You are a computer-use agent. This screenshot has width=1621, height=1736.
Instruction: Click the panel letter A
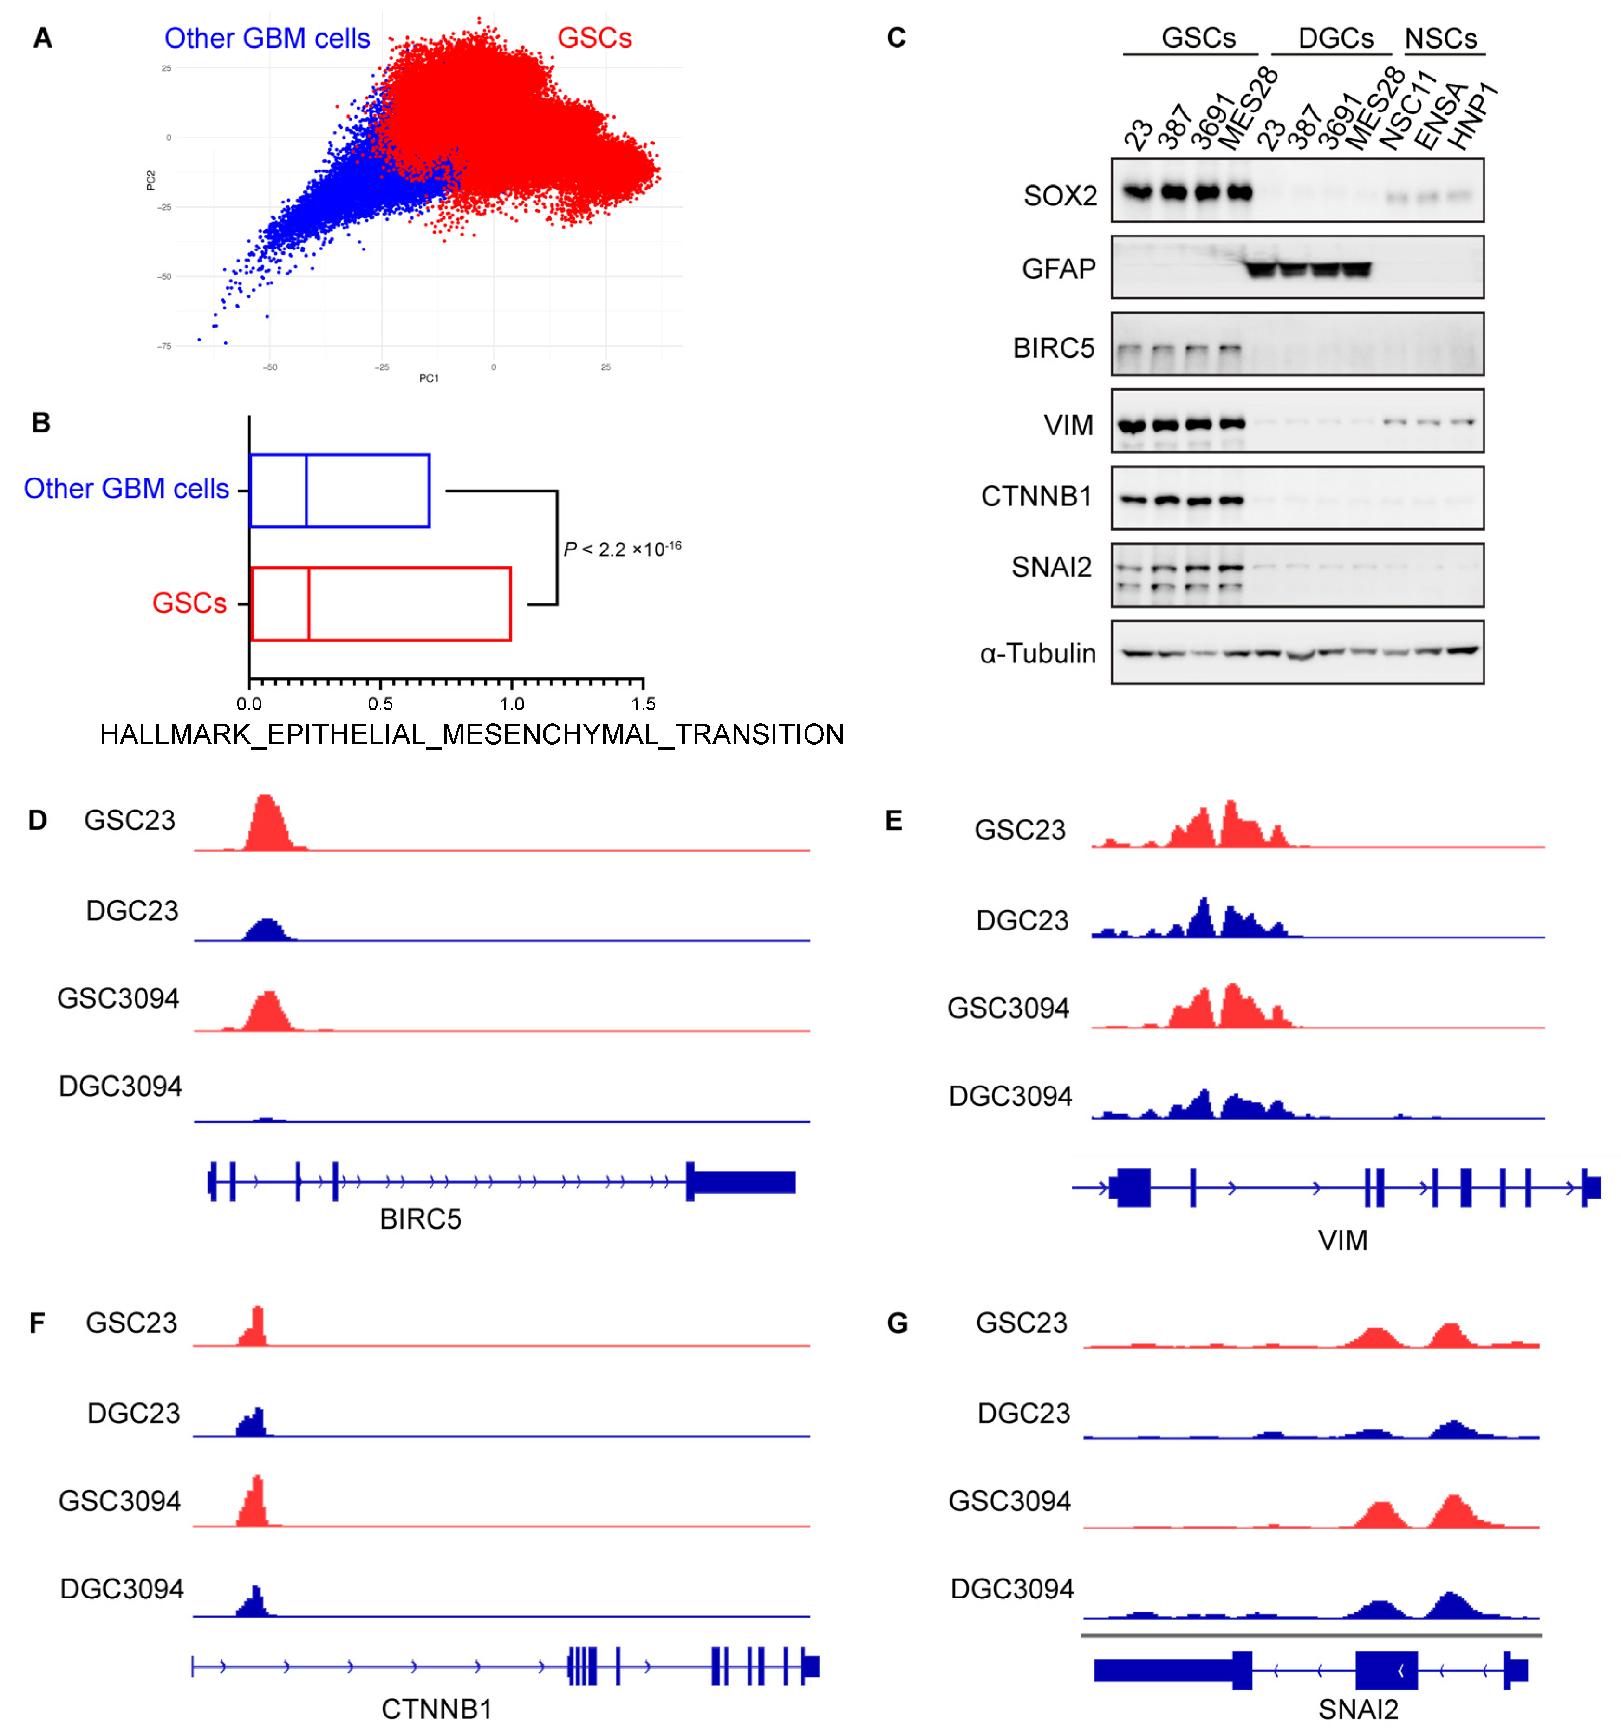tap(42, 39)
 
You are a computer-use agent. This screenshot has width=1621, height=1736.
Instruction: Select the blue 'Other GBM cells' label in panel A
tap(267, 39)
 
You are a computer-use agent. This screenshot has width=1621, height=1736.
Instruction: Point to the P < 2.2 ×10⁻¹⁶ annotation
tap(621, 549)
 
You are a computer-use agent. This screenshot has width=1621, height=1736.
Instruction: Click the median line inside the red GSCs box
tap(309, 603)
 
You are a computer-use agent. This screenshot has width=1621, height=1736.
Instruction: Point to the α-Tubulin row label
tap(1037, 653)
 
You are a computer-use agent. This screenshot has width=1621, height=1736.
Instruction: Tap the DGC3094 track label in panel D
tap(120, 1086)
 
